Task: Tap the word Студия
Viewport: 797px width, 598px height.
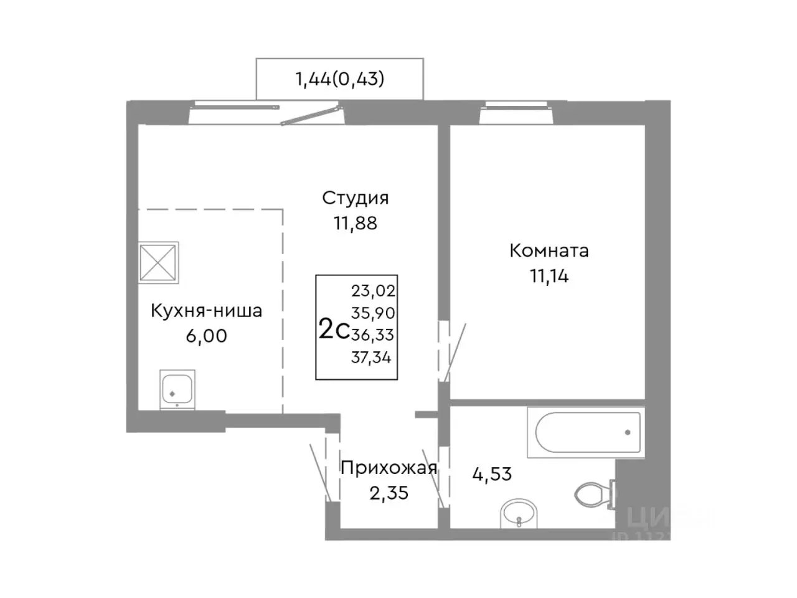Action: (355, 198)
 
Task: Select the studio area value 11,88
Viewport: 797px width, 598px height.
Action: (355, 222)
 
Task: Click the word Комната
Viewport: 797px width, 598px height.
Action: (549, 251)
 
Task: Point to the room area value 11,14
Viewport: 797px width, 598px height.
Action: (549, 276)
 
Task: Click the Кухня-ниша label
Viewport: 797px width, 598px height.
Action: (206, 311)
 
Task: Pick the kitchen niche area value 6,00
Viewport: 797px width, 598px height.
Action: (206, 336)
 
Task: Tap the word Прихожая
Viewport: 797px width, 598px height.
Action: (389, 468)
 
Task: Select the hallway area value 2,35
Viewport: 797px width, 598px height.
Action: (389, 493)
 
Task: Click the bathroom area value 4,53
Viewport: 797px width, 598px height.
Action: (491, 474)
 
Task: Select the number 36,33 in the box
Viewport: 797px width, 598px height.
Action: (372, 335)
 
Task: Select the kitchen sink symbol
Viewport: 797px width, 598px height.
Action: (177, 389)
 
